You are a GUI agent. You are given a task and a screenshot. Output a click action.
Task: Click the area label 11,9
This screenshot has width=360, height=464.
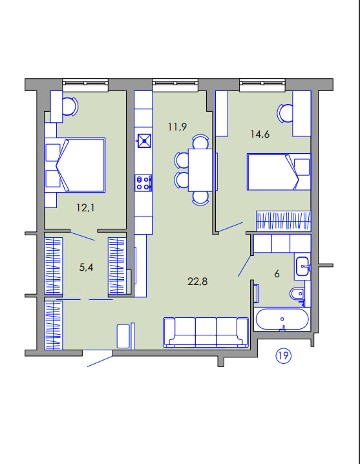pos(177,127)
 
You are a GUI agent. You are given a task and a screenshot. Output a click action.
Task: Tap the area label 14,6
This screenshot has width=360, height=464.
pos(260,134)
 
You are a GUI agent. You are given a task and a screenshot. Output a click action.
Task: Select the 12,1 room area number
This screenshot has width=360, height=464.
pos(85,207)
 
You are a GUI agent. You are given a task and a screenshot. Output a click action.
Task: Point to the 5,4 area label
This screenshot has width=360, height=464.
pos(86,267)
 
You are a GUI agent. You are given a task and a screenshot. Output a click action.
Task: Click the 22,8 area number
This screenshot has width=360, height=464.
pos(198,281)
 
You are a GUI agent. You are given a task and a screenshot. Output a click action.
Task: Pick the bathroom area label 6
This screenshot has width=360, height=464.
pos(277,274)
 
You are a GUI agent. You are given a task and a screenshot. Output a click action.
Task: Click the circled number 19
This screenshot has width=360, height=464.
pos(283,355)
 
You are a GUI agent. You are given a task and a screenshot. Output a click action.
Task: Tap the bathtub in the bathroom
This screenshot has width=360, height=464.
pos(282,319)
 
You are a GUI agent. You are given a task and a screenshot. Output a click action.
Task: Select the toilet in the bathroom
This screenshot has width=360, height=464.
pos(297,294)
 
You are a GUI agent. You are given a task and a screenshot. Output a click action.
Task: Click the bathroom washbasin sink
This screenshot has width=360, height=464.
pos(302,266)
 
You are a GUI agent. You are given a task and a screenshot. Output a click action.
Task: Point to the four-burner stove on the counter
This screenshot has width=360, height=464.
pos(143,183)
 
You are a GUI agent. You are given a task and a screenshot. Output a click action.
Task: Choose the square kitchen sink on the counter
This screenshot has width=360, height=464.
pos(145,141)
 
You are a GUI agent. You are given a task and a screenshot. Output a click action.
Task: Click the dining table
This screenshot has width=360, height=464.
pos(200,170)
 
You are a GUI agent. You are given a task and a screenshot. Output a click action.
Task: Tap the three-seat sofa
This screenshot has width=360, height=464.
pos(206,332)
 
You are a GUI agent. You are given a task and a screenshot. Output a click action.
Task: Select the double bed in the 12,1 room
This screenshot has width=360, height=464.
pos(75,165)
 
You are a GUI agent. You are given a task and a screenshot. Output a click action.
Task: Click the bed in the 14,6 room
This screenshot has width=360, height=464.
pos(279,172)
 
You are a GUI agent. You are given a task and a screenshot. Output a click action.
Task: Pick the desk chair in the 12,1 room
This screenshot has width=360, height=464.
pos(70,107)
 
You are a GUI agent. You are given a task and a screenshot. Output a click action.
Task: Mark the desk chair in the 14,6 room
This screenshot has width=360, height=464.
pos(285,112)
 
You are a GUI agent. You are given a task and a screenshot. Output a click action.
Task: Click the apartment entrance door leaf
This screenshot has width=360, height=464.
pos(100,361)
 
